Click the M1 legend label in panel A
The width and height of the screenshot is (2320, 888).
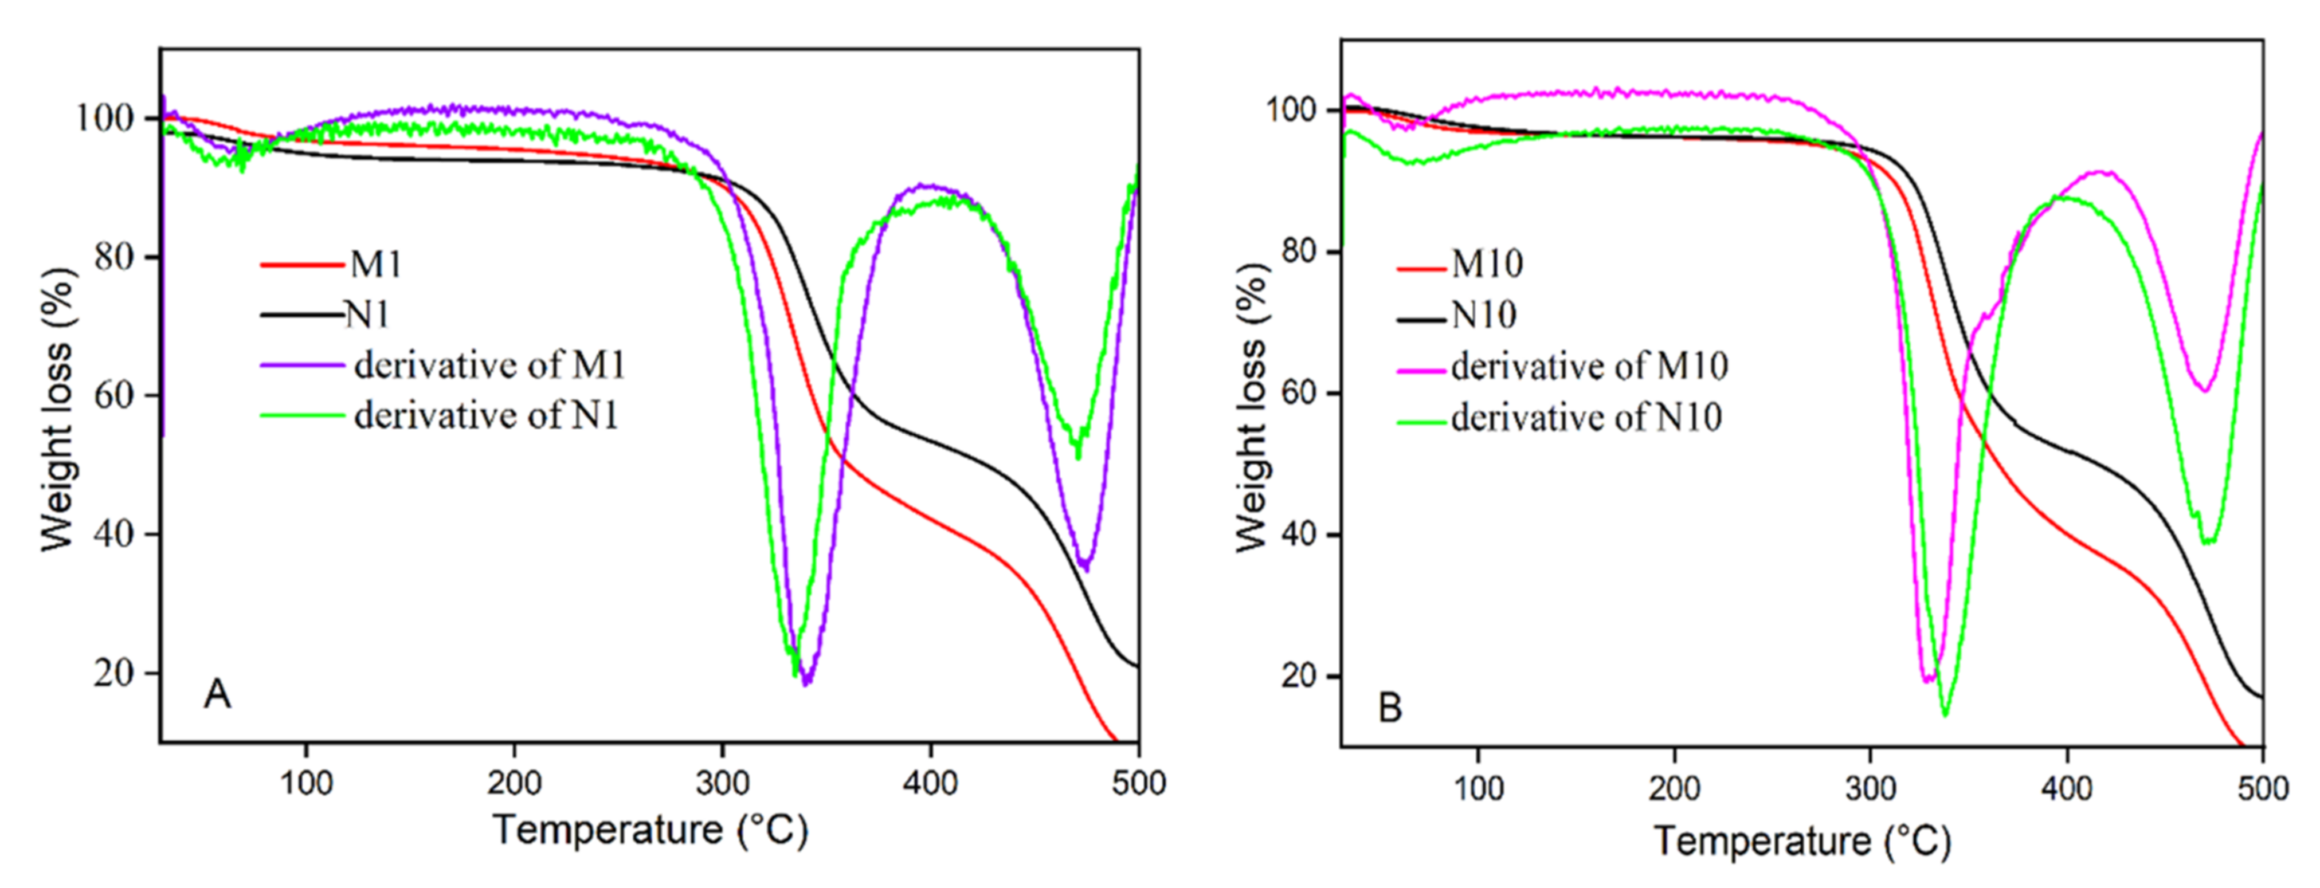pyautogui.click(x=375, y=264)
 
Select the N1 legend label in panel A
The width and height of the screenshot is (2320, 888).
pyautogui.click(x=367, y=315)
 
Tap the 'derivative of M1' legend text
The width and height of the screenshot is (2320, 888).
pyautogui.click(x=489, y=365)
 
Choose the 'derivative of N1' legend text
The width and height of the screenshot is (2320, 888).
pyautogui.click(x=487, y=415)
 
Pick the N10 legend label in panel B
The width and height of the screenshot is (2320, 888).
pyautogui.click(x=1483, y=315)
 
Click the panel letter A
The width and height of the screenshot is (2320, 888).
pyautogui.click(x=217, y=694)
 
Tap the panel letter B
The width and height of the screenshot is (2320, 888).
pyautogui.click(x=1390, y=709)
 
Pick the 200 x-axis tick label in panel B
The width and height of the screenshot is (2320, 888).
pyautogui.click(x=1674, y=789)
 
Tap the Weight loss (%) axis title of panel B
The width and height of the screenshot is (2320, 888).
pyautogui.click(x=1252, y=407)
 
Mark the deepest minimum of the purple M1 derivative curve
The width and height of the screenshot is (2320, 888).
pyautogui.click(x=806, y=683)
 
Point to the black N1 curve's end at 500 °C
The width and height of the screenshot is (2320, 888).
pyautogui.click(x=1137, y=666)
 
